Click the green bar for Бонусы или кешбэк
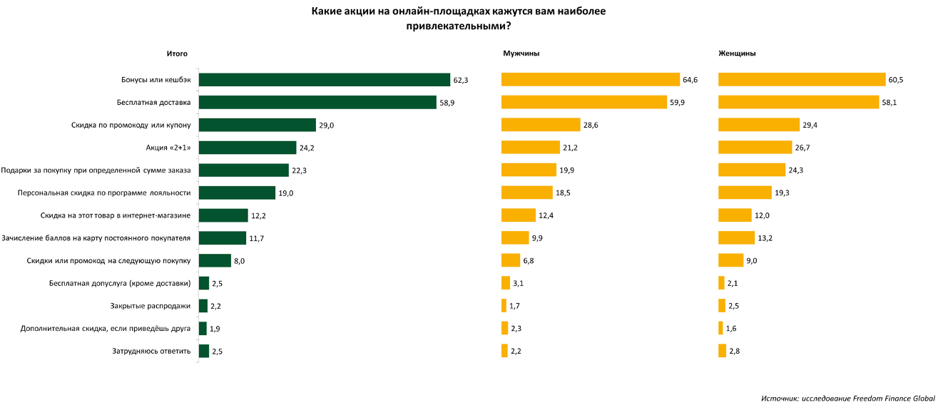324,80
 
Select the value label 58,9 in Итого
447,103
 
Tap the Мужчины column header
521,53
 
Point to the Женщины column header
737,53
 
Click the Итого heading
177,54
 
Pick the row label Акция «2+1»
168,148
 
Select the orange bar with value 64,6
590,80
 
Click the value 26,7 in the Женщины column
802,148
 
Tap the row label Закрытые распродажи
151,306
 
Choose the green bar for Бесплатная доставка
317,102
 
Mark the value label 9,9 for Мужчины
537,238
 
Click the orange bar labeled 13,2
736,238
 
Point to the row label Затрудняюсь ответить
151,351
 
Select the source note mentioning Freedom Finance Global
848,398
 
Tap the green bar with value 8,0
215,260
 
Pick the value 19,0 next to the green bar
286,193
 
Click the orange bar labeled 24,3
751,170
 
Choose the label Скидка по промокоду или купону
131,125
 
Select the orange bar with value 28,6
541,125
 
